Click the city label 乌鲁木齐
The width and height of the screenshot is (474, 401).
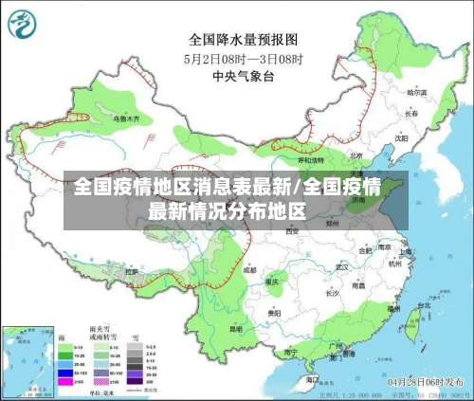pyautogui.click(x=126, y=119)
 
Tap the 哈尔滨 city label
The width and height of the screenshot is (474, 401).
pyautogui.click(x=415, y=93)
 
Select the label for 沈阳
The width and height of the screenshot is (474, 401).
pyautogui.click(x=401, y=137)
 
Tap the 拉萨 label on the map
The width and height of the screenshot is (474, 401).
pyautogui.click(x=133, y=271)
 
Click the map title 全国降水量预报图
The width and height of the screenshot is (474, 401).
pyautogui.click(x=243, y=40)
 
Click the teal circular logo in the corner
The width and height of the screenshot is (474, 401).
pyautogui.click(x=24, y=27)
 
